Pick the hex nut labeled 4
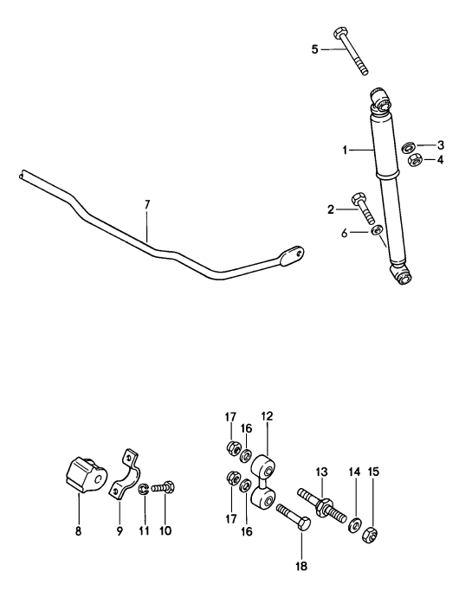coord(415,160)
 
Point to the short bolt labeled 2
coord(363,210)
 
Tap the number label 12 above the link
coord(268,417)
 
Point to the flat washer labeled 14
coord(356,524)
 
